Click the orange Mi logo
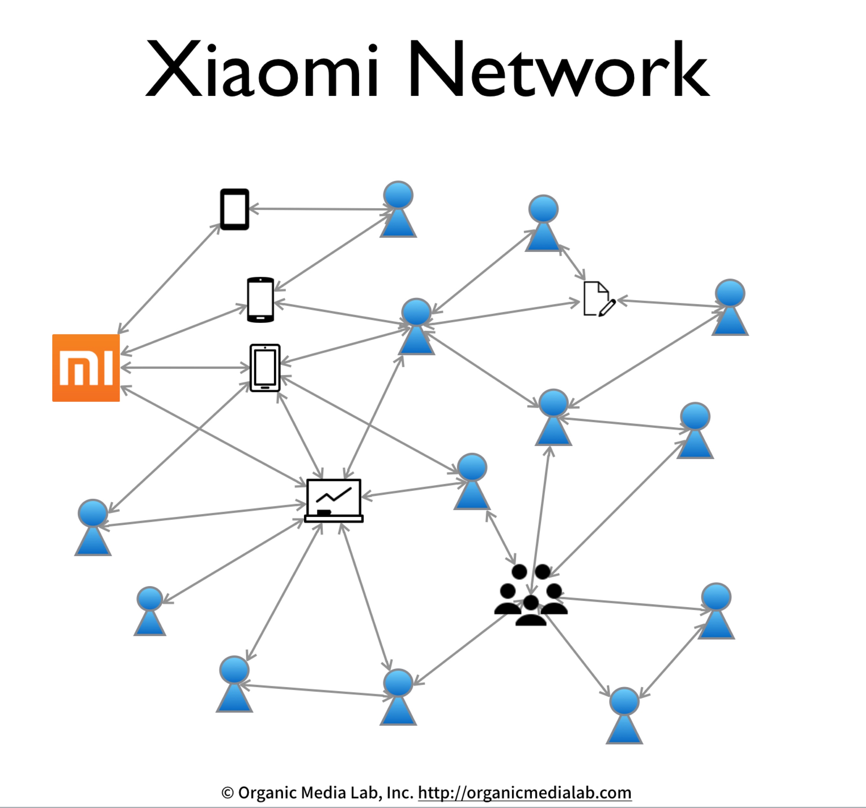[x=86, y=368]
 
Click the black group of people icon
[x=530, y=595]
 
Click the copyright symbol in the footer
[x=227, y=793]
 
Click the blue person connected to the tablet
[x=398, y=210]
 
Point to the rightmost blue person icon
[x=730, y=307]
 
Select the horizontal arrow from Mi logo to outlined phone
[x=185, y=368]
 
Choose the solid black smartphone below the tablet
[x=261, y=300]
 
